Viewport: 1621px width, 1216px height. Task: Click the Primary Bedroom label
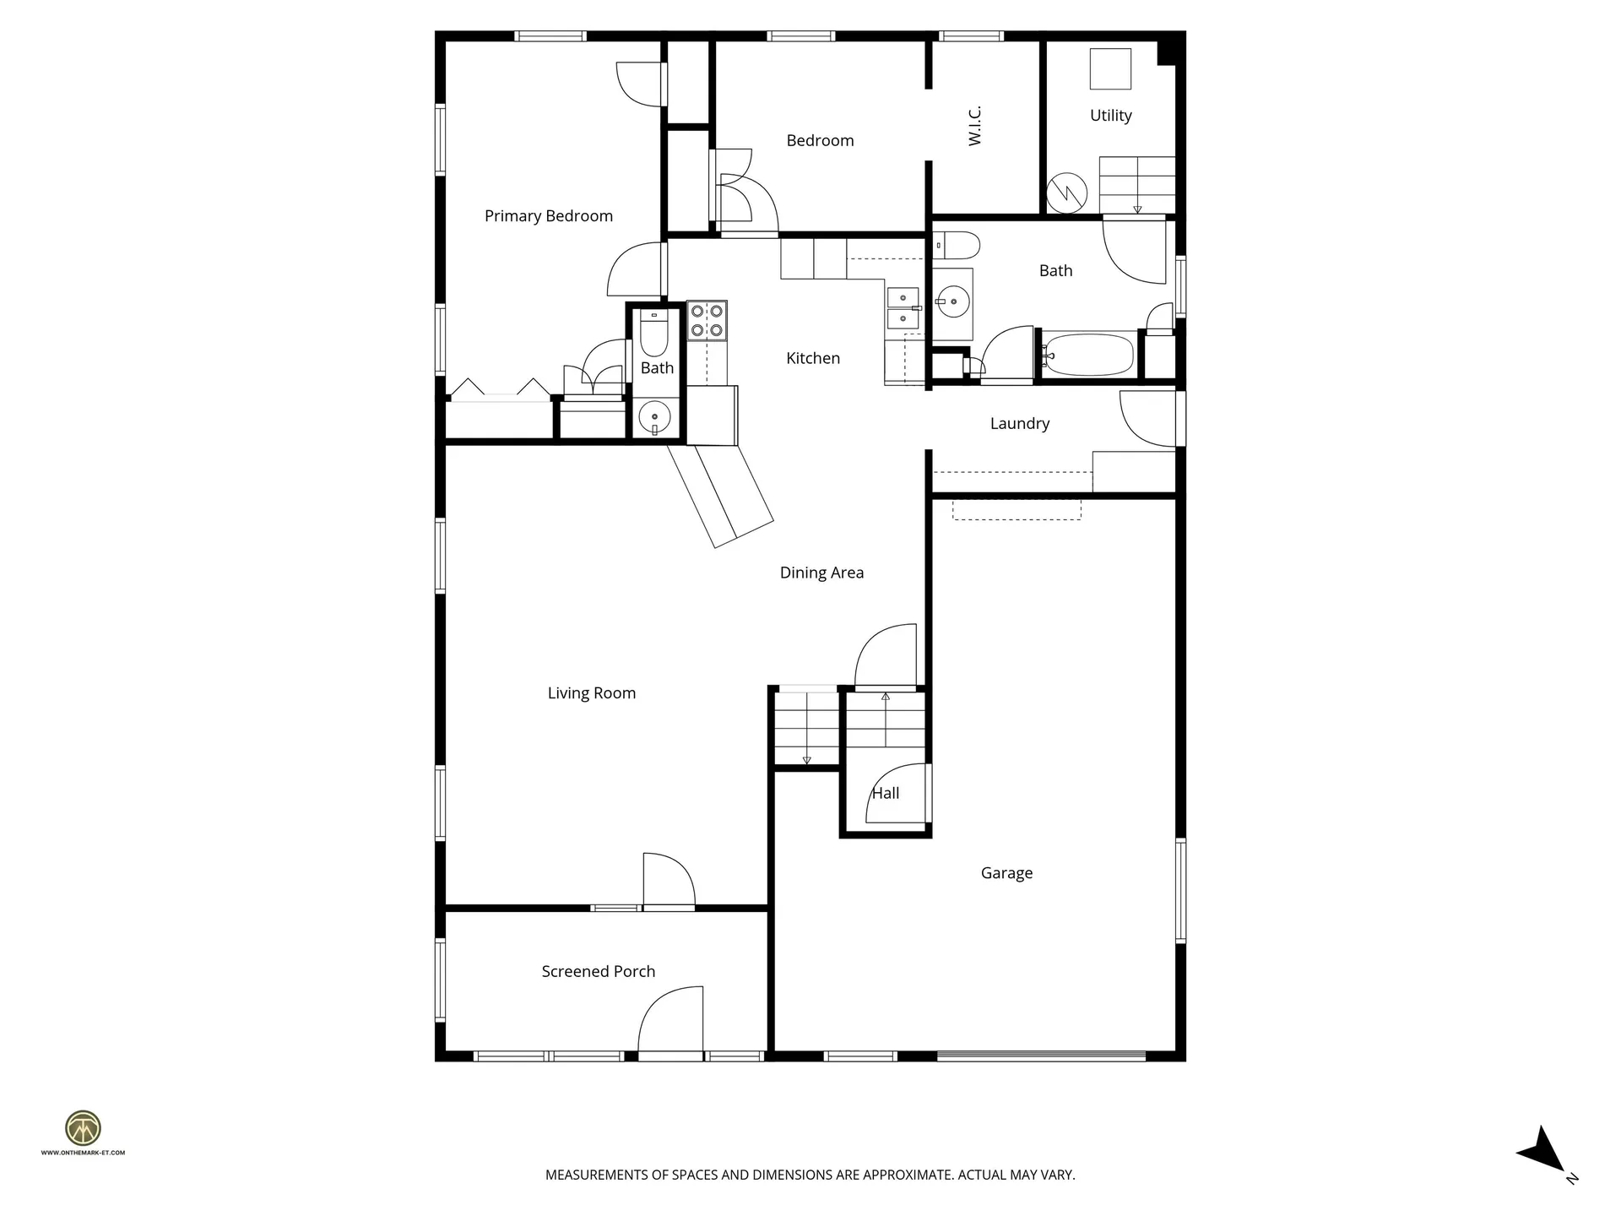pos(548,216)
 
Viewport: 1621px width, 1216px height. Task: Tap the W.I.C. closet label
pos(975,126)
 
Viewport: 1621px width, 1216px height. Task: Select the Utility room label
pos(1110,116)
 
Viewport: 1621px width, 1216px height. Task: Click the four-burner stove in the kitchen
pos(707,321)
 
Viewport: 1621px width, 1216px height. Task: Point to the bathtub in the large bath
pos(1087,355)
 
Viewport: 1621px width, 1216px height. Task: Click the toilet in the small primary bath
pos(653,335)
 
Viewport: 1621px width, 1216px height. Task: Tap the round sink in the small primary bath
pos(654,416)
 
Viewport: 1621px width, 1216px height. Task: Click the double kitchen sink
pos(903,308)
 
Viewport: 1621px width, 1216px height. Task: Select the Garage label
pos(1006,873)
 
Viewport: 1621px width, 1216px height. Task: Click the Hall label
pos(885,793)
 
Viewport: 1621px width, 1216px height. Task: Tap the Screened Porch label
pos(598,972)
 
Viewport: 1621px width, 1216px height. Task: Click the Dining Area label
pos(821,573)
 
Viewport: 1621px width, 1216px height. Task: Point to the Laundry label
pos(1019,424)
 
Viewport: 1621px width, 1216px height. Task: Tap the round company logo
pos(83,1128)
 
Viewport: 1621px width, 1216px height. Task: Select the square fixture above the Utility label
pos(1110,69)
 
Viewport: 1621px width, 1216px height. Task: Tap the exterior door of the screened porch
pos(671,1023)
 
